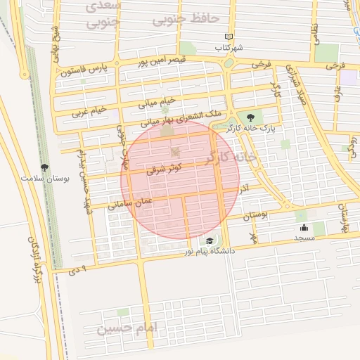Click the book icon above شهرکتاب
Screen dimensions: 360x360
pos(229,37)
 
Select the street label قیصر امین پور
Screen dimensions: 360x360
pos(165,61)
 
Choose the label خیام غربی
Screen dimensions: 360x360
pos(90,111)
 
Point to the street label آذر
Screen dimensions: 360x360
pos(245,189)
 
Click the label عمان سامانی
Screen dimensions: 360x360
pos(129,205)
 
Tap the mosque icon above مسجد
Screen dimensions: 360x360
pos(304,227)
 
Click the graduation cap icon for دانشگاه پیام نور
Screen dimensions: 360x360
pos(210,241)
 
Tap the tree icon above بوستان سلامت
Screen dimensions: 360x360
pos(46,167)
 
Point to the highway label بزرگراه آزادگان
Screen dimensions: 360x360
pos(32,258)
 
